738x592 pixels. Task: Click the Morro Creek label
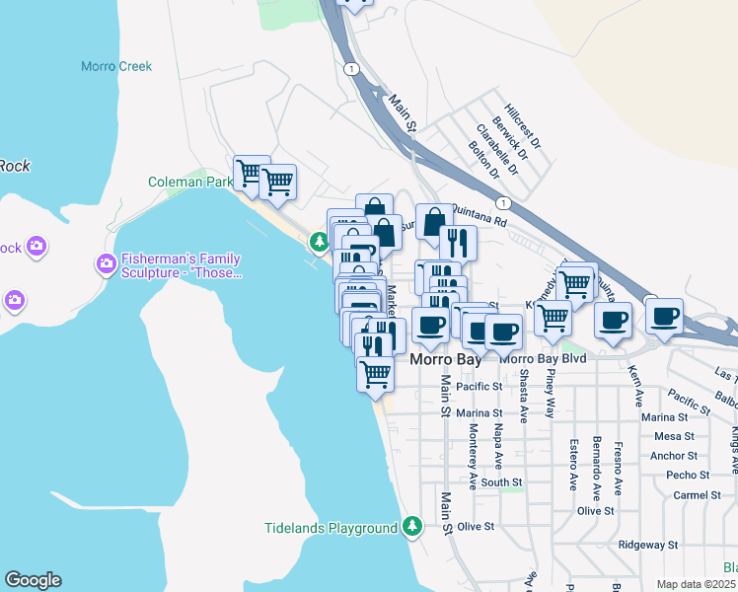click(116, 66)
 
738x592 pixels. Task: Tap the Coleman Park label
click(190, 182)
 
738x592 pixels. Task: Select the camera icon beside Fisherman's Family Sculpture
click(106, 263)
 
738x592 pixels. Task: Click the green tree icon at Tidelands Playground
click(413, 528)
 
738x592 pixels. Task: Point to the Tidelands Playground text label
click(331, 528)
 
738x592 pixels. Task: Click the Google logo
click(33, 580)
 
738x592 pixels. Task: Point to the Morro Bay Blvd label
click(543, 358)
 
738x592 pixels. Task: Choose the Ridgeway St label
click(647, 544)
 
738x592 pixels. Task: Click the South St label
click(502, 482)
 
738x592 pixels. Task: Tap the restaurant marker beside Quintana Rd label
click(459, 242)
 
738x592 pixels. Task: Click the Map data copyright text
click(697, 584)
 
